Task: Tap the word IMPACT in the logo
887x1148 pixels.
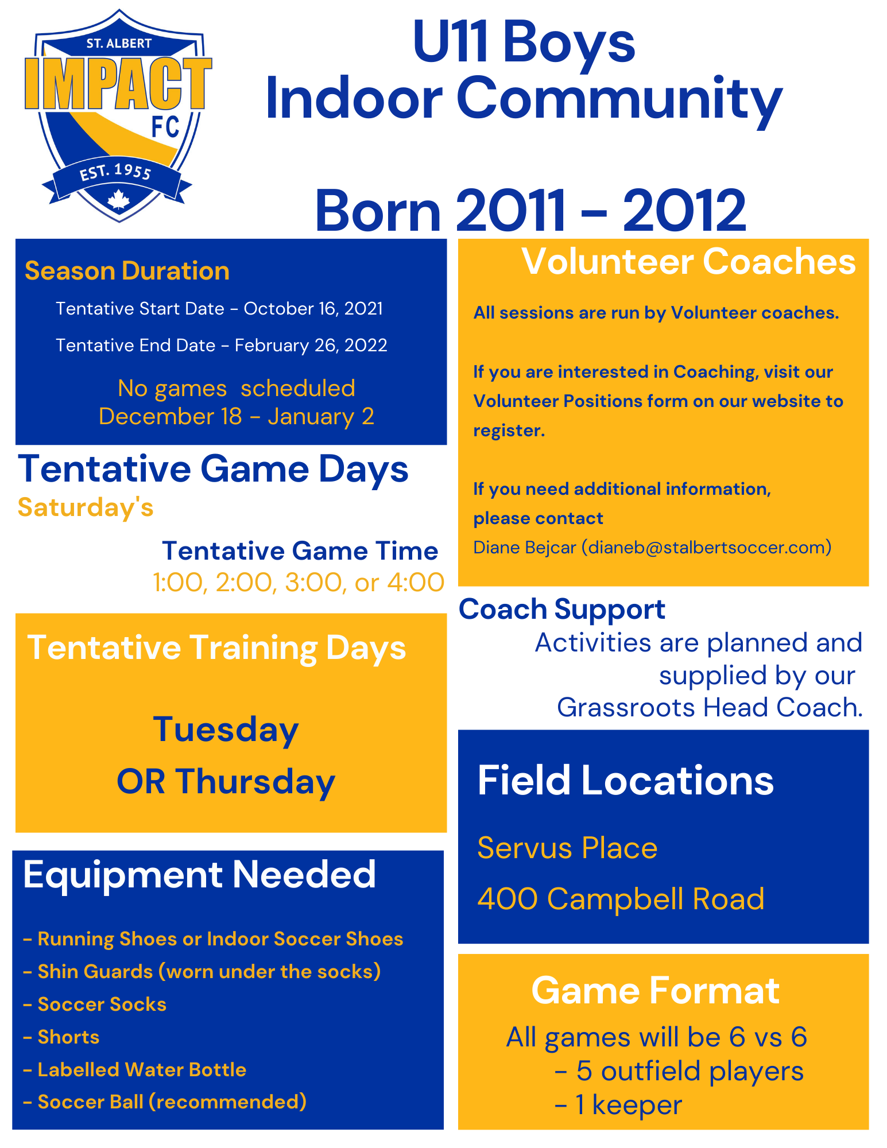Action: coord(118,83)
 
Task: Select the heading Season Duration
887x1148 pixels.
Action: coord(127,271)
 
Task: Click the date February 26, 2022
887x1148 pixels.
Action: coord(311,346)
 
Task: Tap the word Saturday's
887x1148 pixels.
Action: coord(86,507)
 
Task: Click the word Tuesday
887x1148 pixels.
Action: coord(226,730)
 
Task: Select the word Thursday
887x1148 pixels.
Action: coord(255,782)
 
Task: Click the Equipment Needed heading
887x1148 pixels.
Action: coord(199,874)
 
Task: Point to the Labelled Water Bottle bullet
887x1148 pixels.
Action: coord(135,1069)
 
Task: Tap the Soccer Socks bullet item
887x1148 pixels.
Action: coord(95,1004)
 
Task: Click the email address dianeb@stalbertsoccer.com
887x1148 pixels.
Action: coord(707,547)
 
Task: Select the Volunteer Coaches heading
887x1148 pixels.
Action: coord(688,262)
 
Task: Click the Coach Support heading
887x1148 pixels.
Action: coord(562,610)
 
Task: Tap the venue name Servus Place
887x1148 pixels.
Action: coord(567,848)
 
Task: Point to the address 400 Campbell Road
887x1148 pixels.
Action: coord(621,898)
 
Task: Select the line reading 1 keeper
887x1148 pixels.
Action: coord(618,1105)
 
